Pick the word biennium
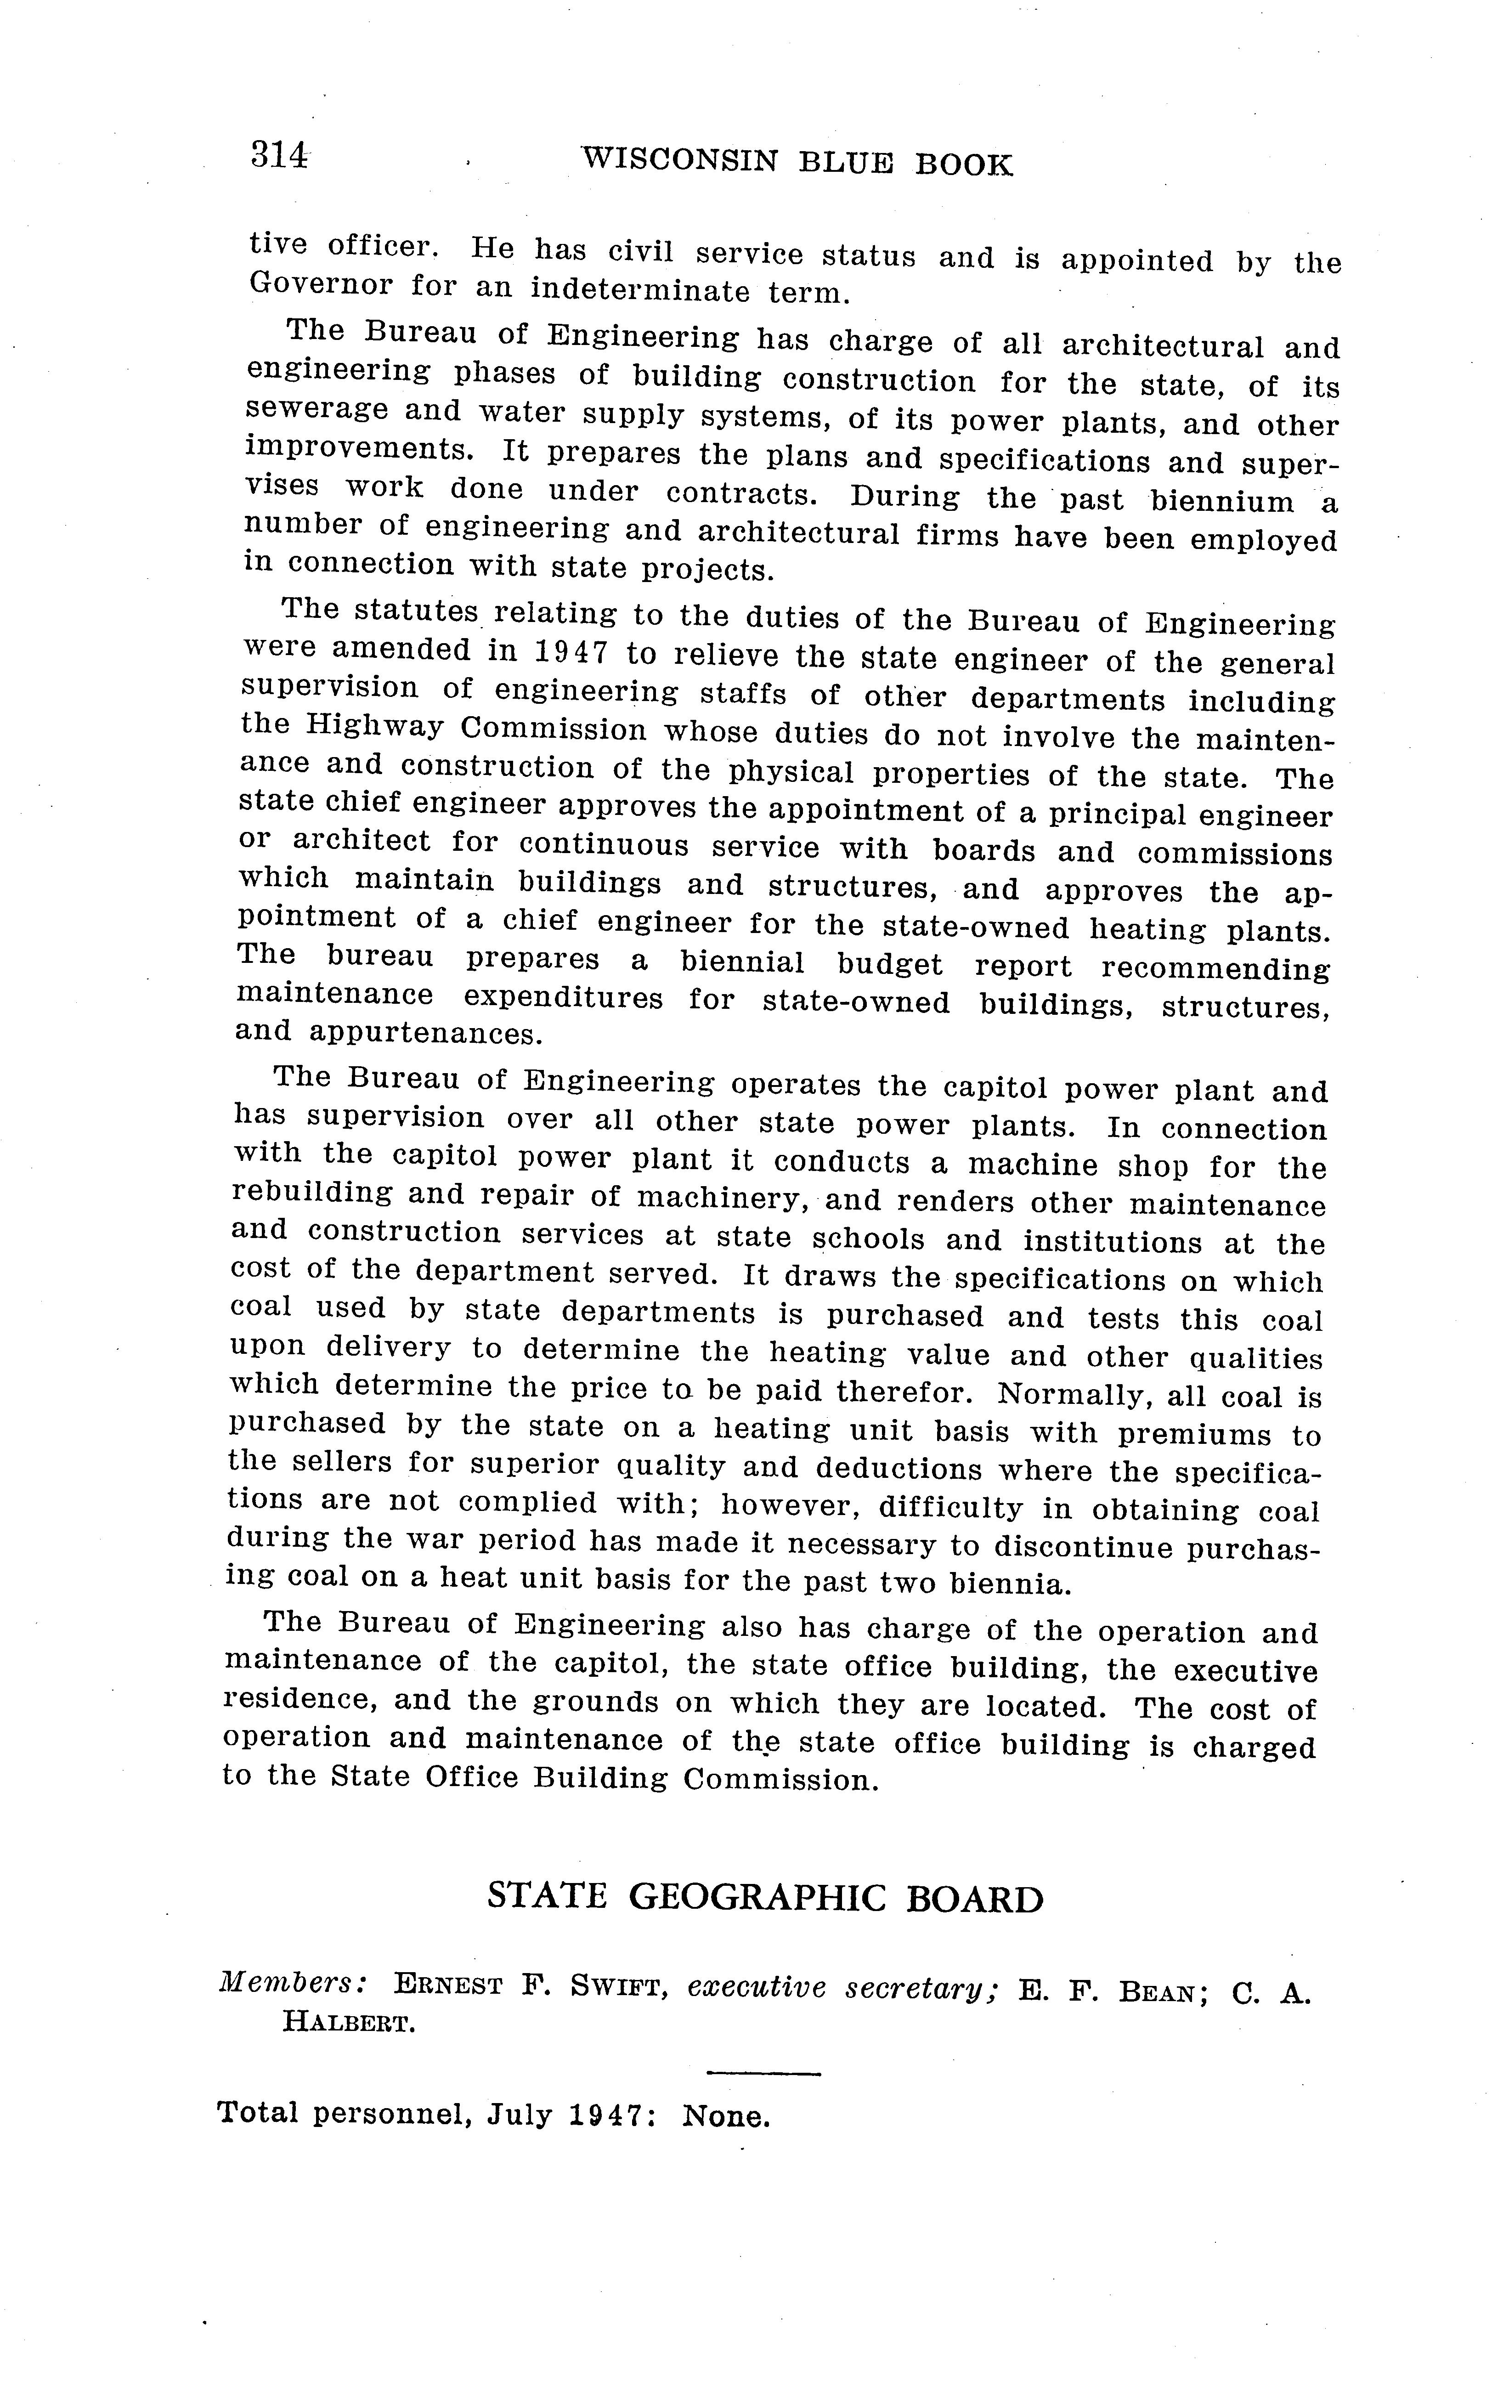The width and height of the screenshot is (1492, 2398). (1221, 501)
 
